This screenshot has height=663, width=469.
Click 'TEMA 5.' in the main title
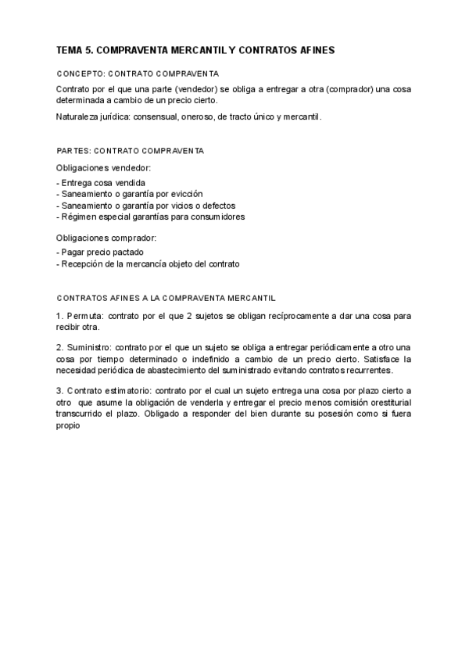point(75,50)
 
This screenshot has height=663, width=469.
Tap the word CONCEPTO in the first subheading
point(78,73)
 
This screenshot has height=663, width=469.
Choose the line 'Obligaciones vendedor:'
point(104,167)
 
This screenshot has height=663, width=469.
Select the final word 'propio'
point(69,426)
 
